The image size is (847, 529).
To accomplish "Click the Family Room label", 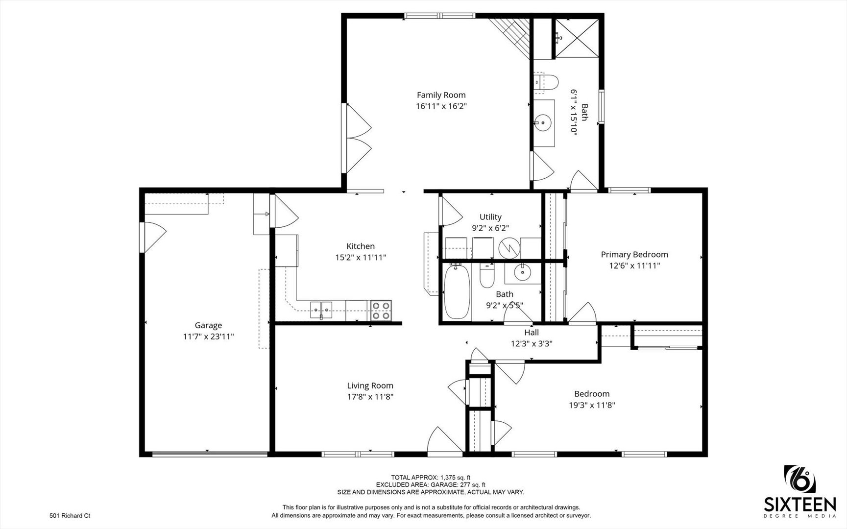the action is pyautogui.click(x=441, y=95).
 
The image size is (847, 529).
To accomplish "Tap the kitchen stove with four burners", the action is pyautogui.click(x=381, y=311).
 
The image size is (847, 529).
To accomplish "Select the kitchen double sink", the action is pyautogui.click(x=321, y=309).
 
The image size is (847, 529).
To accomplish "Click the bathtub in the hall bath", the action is pyautogui.click(x=457, y=291).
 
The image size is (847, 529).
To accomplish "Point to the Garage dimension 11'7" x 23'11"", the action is pyautogui.click(x=208, y=337).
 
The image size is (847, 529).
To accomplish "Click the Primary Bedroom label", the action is pyautogui.click(x=634, y=254).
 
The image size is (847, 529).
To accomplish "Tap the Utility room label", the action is pyautogui.click(x=490, y=217).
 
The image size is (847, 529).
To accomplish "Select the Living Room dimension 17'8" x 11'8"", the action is pyautogui.click(x=370, y=397).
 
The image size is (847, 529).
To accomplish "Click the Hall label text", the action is pyautogui.click(x=532, y=333).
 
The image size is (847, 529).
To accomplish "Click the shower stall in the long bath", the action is pyautogui.click(x=577, y=39).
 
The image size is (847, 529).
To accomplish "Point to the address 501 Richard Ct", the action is pyautogui.click(x=70, y=515).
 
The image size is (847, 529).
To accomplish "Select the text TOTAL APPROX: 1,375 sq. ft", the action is pyautogui.click(x=431, y=477).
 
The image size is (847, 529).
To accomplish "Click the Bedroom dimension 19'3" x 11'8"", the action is pyautogui.click(x=592, y=405).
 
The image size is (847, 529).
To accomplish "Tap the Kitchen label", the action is pyautogui.click(x=361, y=246).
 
